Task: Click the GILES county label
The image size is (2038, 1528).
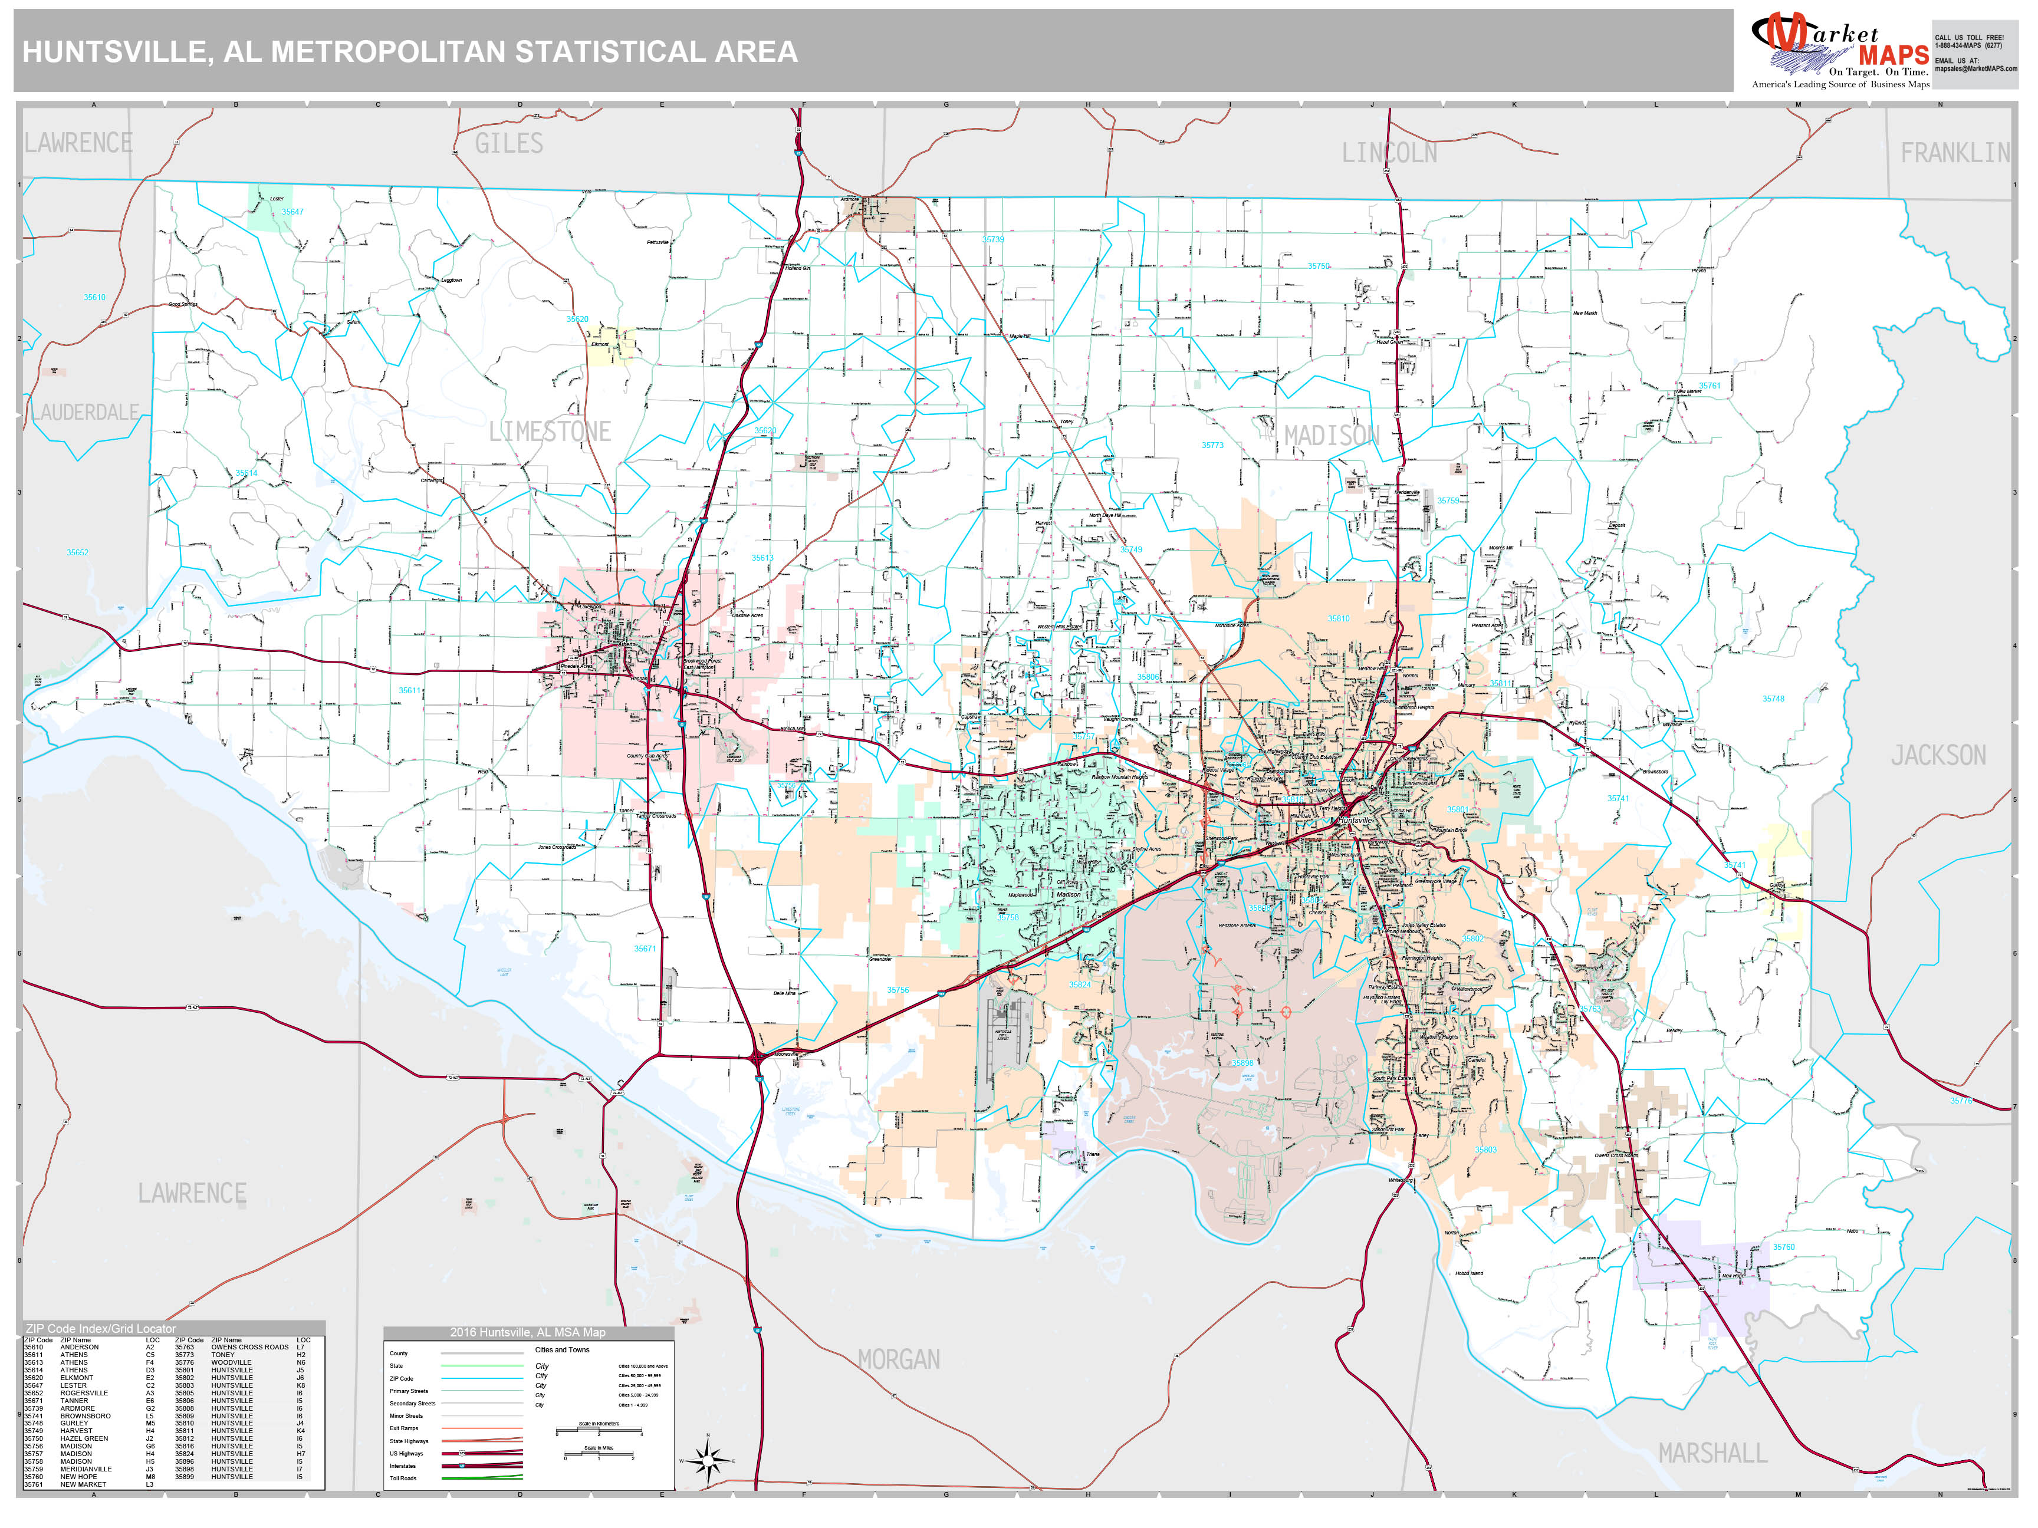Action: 508,144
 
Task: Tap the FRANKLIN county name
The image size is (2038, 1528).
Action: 1955,153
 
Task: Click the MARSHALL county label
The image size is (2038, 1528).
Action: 1712,1453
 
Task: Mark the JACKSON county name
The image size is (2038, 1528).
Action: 1938,755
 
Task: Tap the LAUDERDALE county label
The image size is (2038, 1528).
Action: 86,413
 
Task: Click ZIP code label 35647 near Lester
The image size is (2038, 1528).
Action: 292,212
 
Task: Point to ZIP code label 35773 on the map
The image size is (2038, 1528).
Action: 1212,446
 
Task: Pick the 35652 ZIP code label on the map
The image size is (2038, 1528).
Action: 77,552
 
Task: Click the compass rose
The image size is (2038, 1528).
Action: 708,1461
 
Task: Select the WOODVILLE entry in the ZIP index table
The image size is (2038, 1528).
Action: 231,1363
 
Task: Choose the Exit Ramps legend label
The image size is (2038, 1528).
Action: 403,1428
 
